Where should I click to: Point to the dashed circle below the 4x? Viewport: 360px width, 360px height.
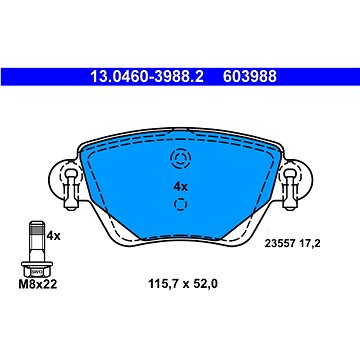181,206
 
